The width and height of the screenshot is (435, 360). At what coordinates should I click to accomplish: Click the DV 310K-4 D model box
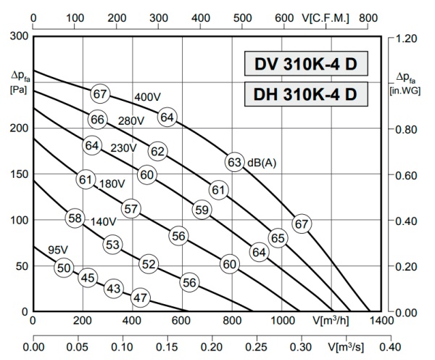tap(304, 65)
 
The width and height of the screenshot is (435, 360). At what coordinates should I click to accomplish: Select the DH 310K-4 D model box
tap(304, 94)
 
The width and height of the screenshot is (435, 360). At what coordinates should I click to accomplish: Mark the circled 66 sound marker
tap(98, 119)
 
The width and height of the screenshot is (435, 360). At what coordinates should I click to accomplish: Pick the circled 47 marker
tap(141, 297)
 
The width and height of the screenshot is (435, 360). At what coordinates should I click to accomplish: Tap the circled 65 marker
tap(278, 237)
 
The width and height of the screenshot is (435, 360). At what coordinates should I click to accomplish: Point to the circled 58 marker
tap(75, 218)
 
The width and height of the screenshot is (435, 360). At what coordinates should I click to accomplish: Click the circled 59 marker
tap(202, 210)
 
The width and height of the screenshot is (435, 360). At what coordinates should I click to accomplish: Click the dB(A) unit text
tap(261, 163)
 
